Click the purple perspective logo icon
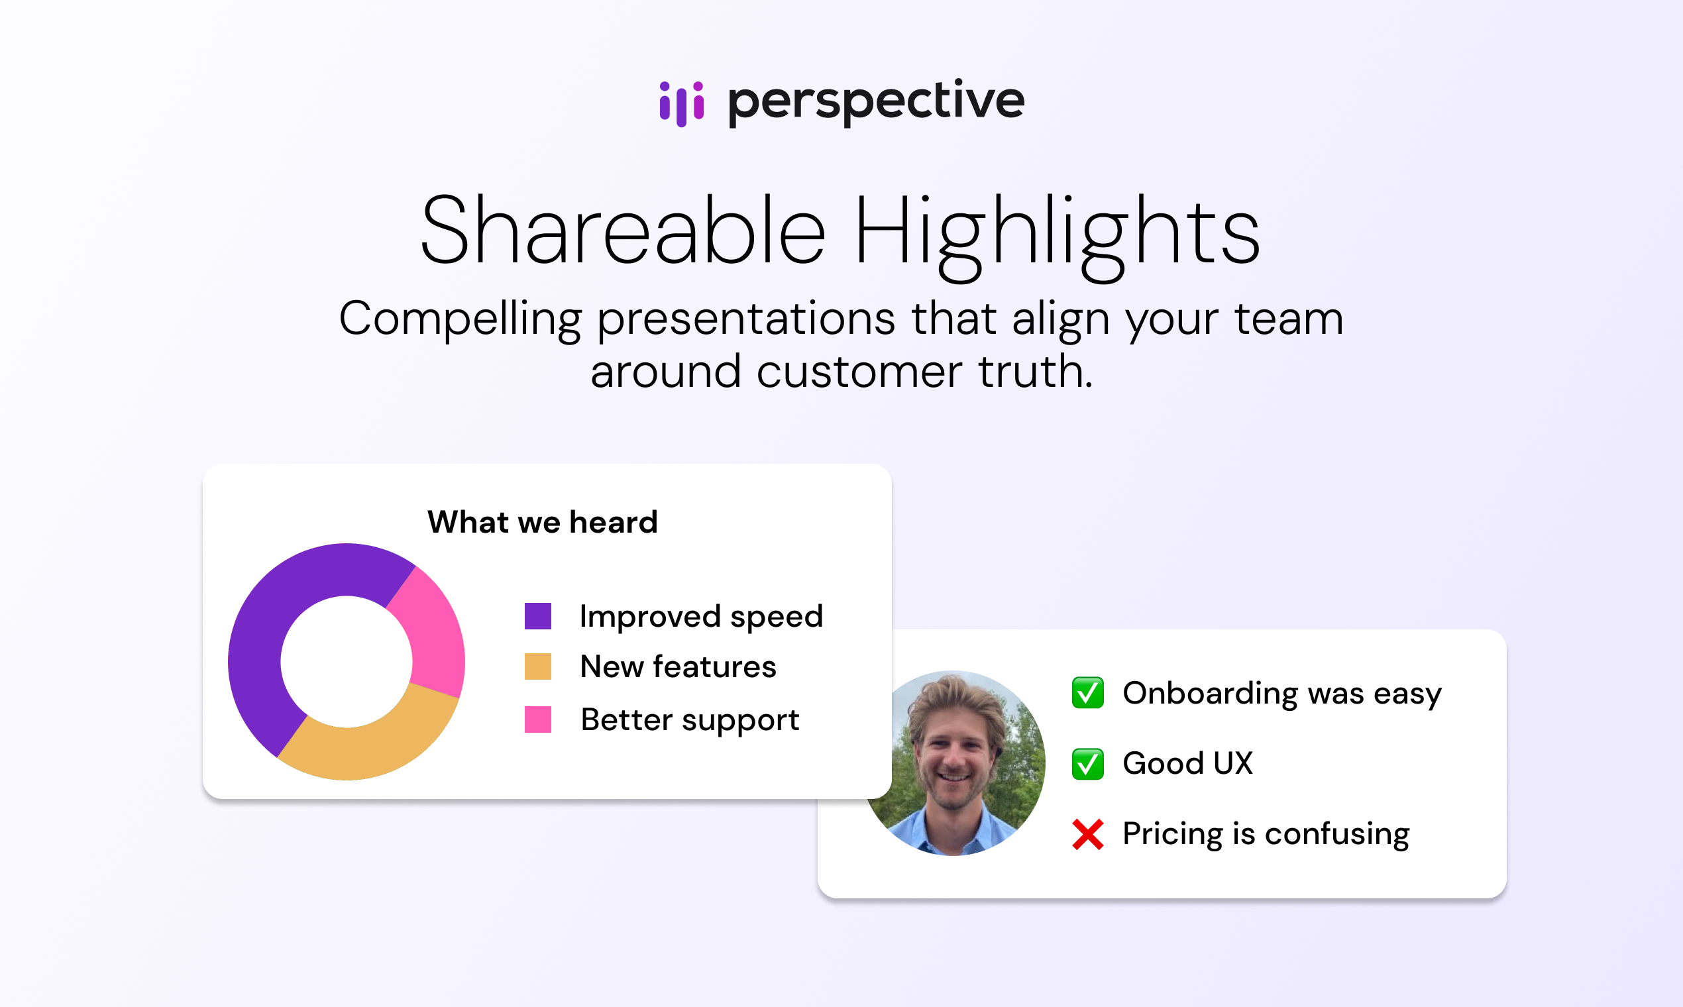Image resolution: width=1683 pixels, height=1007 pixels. [681, 104]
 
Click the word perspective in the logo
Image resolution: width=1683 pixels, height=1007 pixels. [875, 102]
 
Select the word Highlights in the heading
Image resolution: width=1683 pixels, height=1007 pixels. [1057, 235]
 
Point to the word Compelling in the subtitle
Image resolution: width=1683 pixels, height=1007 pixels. [460, 319]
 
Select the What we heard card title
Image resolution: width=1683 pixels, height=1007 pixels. [542, 522]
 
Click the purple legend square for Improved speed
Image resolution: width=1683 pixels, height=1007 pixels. [537, 616]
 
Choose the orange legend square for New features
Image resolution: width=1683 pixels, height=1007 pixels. [537, 666]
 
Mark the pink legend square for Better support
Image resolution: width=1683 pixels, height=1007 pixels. [537, 719]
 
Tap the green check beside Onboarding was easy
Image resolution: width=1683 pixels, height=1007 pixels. [1088, 693]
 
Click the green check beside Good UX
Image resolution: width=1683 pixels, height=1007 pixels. [1088, 764]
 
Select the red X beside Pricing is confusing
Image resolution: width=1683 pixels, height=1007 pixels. [1088, 835]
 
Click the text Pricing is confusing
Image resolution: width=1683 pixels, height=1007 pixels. [1266, 835]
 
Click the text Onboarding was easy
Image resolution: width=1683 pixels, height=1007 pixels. [1282, 694]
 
